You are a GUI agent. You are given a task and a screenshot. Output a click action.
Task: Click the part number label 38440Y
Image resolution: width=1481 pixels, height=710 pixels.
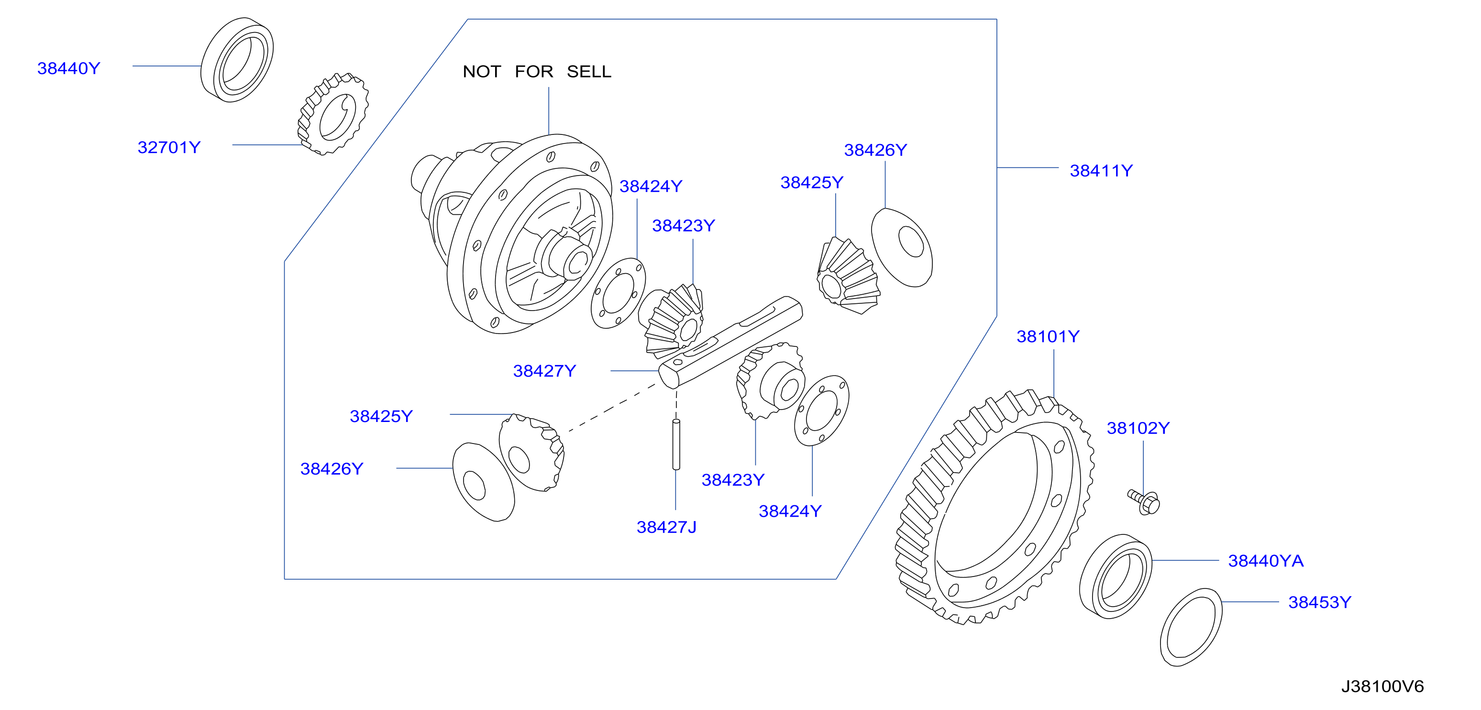coord(69,68)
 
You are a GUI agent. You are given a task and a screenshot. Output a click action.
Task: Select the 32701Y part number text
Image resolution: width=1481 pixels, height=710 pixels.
coord(169,147)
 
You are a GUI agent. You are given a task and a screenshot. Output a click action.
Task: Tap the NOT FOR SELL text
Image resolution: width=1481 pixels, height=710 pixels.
coord(537,71)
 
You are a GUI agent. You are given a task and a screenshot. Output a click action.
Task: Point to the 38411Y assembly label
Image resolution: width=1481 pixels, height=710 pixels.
coord(1101,171)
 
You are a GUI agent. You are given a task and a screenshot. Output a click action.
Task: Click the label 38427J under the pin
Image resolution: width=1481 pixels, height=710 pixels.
coord(666,527)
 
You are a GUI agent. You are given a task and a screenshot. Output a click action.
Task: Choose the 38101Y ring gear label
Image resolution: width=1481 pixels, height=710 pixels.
coord(1048,336)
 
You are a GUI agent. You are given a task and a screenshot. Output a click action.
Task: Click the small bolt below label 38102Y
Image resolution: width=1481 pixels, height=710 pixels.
coord(1144,502)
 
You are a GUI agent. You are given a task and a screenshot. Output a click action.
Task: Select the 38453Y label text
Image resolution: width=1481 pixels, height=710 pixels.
coord(1319,602)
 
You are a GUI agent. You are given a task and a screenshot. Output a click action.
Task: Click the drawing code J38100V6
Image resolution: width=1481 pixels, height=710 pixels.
coord(1382,686)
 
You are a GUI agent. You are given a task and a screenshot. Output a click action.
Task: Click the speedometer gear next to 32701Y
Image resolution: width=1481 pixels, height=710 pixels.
coord(333,114)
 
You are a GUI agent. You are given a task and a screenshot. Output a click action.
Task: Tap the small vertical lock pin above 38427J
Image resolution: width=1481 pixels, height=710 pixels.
coord(676,444)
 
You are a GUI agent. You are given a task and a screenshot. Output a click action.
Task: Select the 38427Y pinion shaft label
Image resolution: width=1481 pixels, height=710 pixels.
coord(544,371)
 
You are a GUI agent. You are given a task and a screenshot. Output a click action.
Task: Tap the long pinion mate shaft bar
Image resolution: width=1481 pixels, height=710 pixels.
coord(730,343)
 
